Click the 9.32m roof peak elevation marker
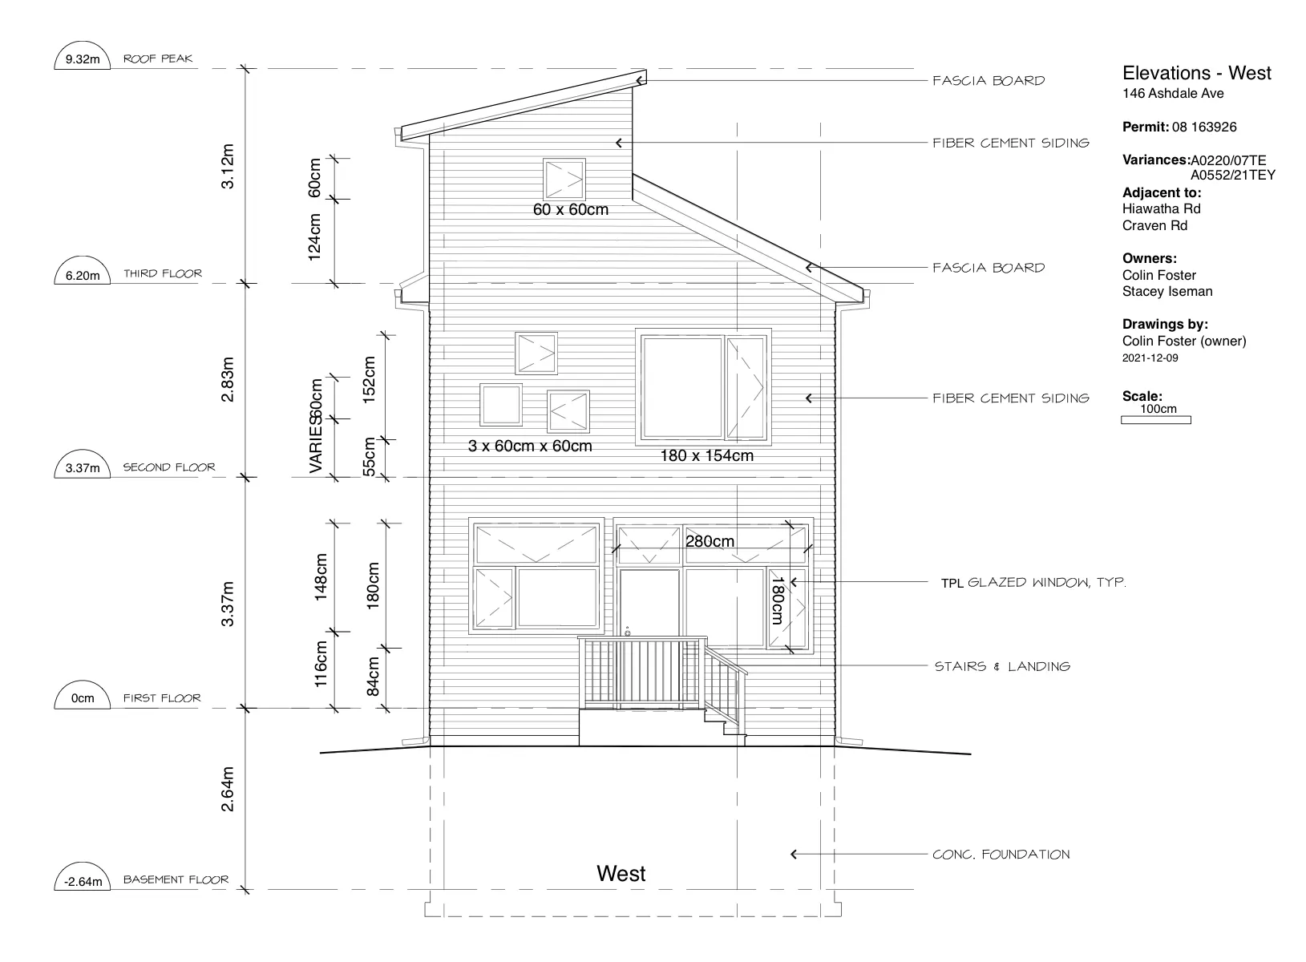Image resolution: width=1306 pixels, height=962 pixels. [x=83, y=56]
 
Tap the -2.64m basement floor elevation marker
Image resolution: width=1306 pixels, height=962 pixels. [x=83, y=876]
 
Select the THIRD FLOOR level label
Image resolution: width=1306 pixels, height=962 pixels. [x=163, y=273]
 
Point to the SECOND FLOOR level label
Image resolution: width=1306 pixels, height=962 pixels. [x=169, y=467]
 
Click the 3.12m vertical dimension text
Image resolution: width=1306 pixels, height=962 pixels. [x=228, y=166]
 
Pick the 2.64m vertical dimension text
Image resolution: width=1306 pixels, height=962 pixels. [x=228, y=789]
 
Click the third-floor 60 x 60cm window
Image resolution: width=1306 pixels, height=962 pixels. [x=564, y=180]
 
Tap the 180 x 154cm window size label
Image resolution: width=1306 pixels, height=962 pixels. [x=706, y=455]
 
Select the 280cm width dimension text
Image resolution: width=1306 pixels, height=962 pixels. [x=710, y=541]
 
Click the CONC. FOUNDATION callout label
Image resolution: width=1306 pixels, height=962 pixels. [x=1001, y=854]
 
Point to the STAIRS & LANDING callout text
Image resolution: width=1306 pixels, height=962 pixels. [x=1002, y=666]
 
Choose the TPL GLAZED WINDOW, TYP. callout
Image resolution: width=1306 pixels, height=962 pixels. [x=1033, y=582]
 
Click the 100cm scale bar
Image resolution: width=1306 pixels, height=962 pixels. [x=1155, y=420]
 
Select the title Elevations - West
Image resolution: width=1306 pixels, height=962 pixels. [x=1196, y=73]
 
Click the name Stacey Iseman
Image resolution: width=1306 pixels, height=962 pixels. [x=1167, y=292]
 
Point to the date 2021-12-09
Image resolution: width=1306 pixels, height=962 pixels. [x=1150, y=358]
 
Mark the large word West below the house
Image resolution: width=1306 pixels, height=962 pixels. [x=621, y=873]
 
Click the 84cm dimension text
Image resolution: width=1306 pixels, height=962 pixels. [x=373, y=677]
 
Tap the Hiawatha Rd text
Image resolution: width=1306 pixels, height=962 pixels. [x=1162, y=208]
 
